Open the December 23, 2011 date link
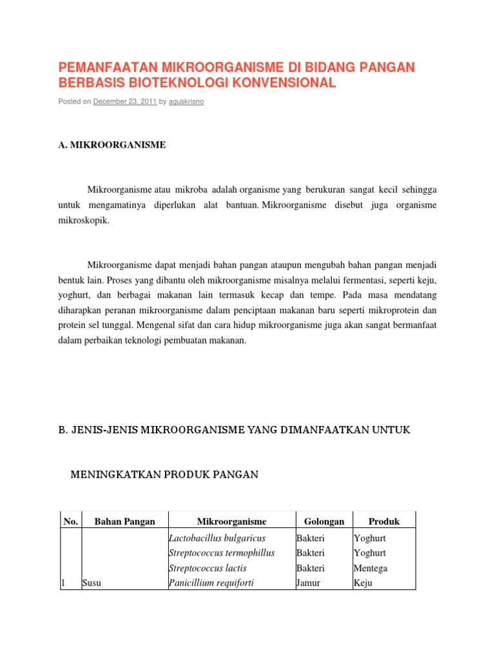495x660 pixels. [x=125, y=102]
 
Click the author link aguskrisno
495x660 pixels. [x=186, y=102]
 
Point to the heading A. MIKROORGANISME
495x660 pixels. [x=112, y=145]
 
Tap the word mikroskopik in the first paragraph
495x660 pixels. [x=84, y=220]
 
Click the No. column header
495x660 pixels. [x=69, y=521]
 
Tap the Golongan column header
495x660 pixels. [x=324, y=521]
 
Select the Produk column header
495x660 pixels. [x=383, y=521]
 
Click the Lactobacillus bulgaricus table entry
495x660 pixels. [x=217, y=538]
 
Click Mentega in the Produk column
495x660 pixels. [x=371, y=568]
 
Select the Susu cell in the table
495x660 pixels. [x=92, y=583]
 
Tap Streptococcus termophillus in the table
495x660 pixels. [x=222, y=552]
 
